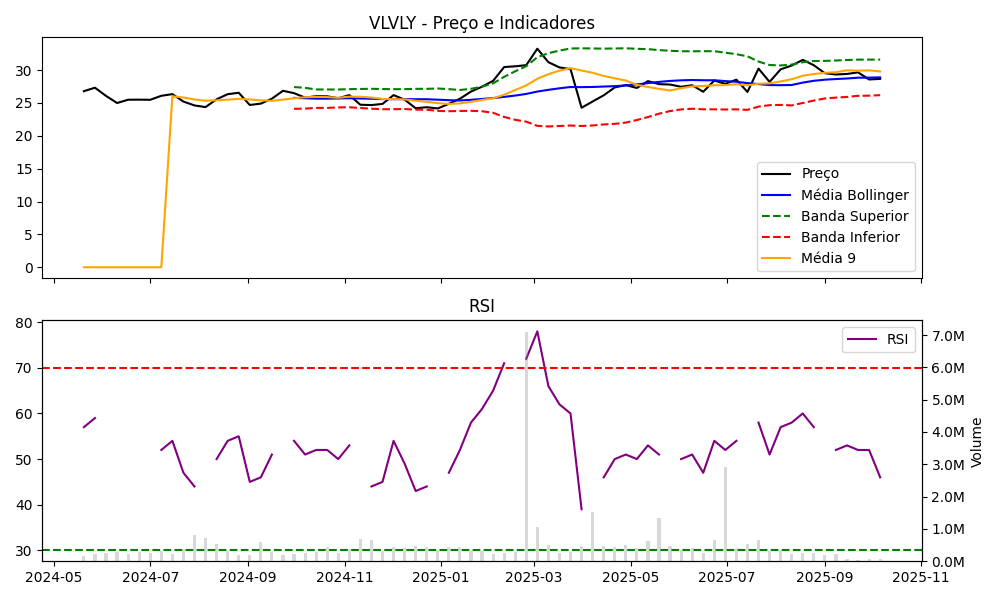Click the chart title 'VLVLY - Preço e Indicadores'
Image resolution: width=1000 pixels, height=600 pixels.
coord(481,23)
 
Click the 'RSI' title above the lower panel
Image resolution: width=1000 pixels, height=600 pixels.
coord(481,306)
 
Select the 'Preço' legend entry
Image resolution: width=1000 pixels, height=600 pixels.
coord(820,173)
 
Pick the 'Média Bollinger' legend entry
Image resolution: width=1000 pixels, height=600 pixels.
coord(854,194)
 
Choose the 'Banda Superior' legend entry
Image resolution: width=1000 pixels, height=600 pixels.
coord(854,216)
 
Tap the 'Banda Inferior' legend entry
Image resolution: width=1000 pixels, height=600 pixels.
coord(850,237)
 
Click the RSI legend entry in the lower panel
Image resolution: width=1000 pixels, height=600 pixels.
coord(897,339)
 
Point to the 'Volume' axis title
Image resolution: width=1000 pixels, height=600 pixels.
coord(977,442)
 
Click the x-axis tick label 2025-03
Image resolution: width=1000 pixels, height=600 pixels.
coord(533,577)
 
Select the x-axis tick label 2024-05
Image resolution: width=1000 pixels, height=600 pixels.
coord(54,577)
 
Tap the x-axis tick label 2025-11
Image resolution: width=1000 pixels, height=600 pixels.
coord(921,577)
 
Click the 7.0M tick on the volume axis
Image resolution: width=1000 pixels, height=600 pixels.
coord(948,336)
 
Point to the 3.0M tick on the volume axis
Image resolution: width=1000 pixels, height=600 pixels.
coord(948,465)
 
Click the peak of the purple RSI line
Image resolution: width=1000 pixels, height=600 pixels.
coord(537,331)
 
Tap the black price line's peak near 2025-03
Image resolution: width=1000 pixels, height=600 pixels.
coord(537,49)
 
